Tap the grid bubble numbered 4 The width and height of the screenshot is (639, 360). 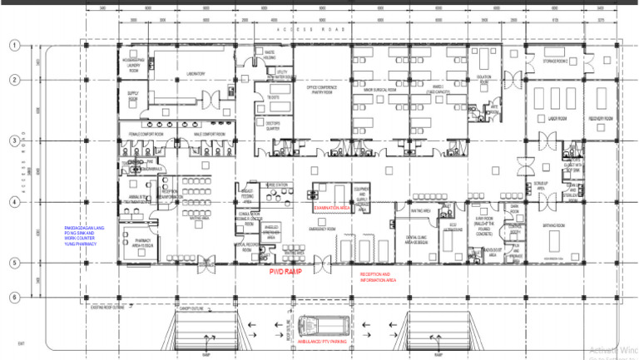[14, 202]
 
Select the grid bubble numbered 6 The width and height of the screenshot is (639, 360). [14, 297]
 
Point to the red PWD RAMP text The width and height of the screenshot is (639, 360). [285, 271]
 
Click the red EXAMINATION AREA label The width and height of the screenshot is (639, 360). [330, 195]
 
